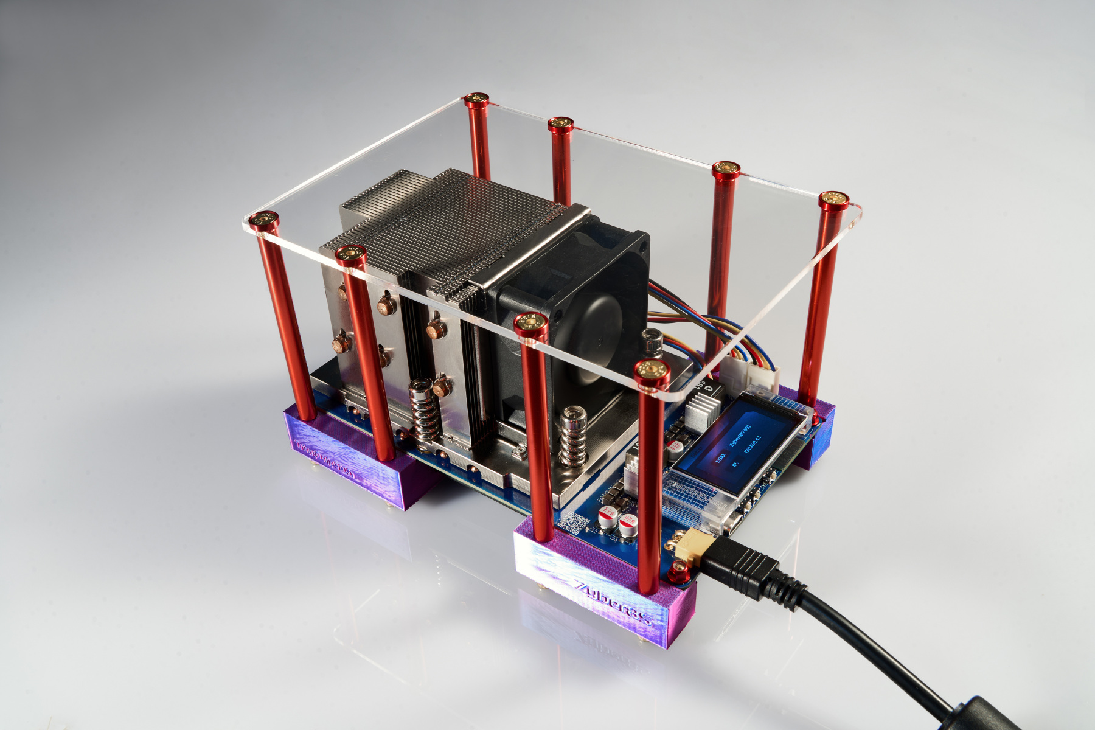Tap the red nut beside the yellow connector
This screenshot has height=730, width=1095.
676,571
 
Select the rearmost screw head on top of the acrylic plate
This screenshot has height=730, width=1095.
476,99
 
